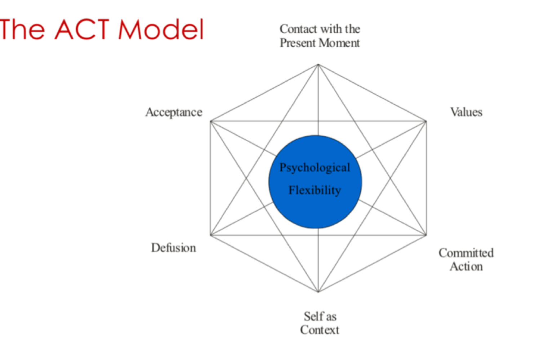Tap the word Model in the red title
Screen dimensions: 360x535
161,29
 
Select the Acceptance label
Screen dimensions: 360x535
174,112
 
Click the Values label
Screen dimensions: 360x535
466,112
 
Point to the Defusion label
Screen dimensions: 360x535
174,248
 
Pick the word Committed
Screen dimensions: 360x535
466,253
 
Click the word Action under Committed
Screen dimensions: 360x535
466,266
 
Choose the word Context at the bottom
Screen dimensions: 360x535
320,330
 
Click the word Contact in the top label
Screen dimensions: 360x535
298,29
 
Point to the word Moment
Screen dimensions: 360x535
339,43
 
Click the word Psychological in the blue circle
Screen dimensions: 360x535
315,167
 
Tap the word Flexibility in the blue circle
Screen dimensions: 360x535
315,190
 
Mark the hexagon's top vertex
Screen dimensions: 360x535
318,64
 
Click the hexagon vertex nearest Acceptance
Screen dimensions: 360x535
211,121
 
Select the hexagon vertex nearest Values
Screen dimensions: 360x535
426,121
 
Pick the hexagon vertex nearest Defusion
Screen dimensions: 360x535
211,235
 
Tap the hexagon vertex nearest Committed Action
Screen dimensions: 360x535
426,235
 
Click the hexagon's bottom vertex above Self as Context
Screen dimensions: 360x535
318,292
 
